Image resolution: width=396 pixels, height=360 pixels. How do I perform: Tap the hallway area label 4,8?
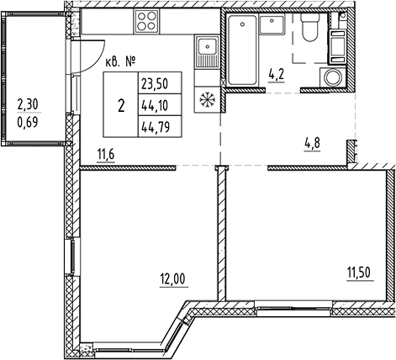coord(313,142)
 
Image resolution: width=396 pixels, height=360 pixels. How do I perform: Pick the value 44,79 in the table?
coord(155,129)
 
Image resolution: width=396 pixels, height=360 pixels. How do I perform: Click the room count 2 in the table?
coord(122,106)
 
